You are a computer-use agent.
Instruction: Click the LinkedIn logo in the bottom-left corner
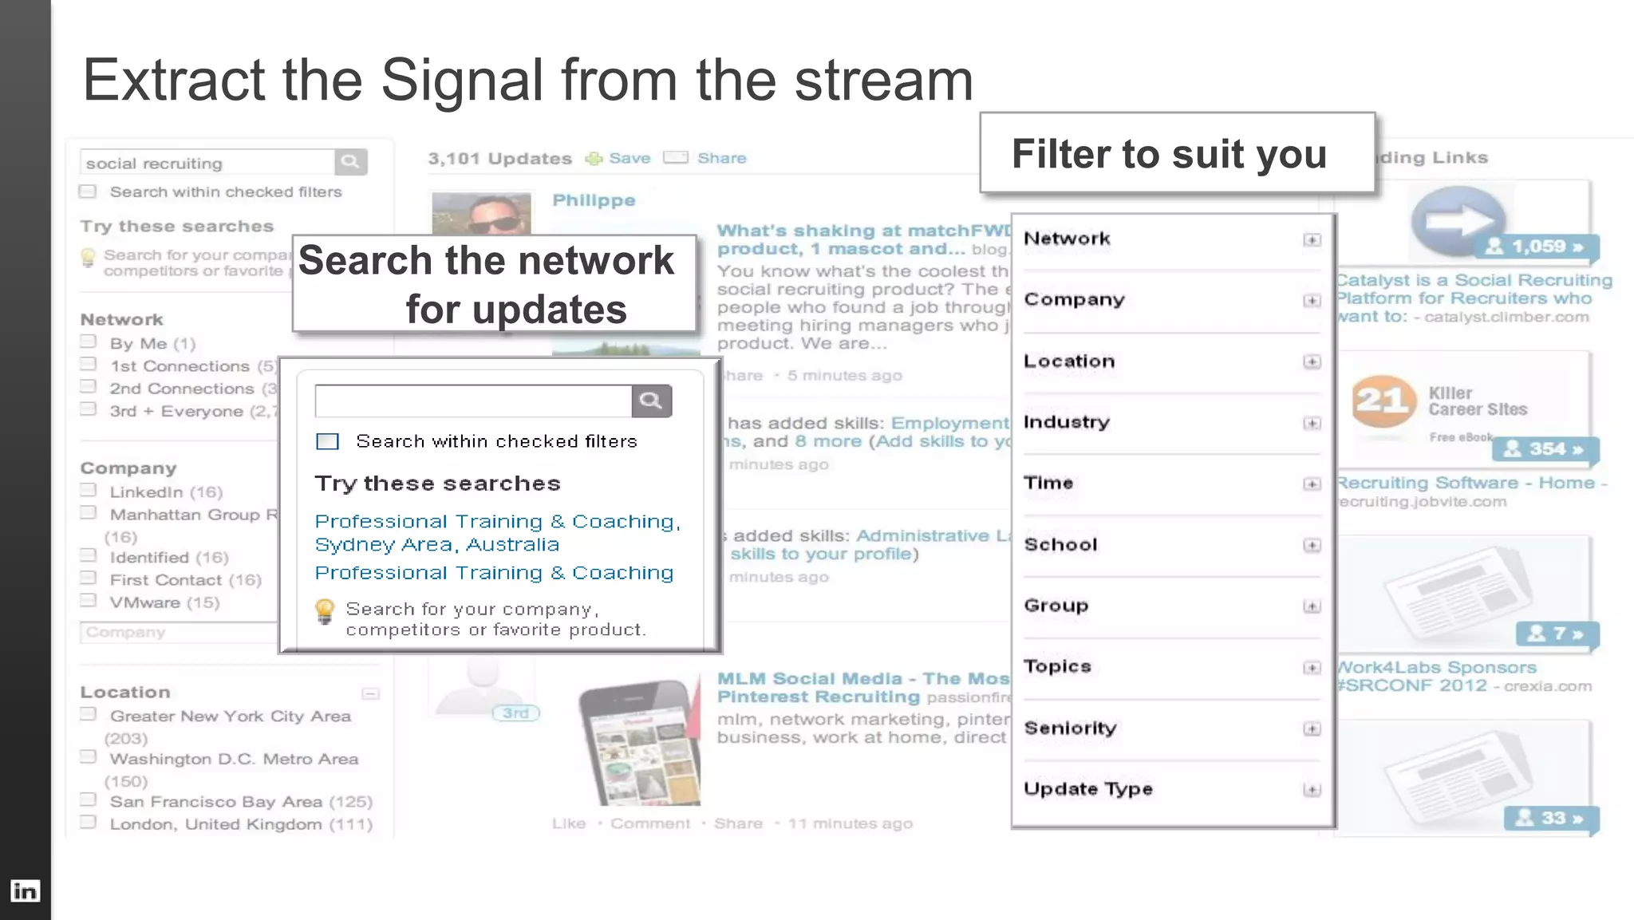[x=25, y=890]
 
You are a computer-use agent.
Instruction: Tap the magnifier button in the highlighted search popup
[x=651, y=401]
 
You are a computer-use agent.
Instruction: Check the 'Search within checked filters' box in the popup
[x=327, y=441]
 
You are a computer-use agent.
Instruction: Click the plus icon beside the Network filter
[x=1312, y=239]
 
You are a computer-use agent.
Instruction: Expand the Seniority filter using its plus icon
[x=1312, y=728]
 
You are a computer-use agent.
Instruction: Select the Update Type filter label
[x=1088, y=788]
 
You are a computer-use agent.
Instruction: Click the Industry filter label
[x=1067, y=421]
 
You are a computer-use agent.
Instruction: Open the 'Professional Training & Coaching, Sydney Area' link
[x=497, y=532]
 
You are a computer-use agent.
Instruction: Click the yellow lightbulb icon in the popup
[x=325, y=611]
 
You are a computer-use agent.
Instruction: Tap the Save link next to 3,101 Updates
[x=629, y=158]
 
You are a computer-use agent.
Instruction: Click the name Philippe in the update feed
[x=594, y=200]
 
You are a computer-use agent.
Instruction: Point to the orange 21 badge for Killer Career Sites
[x=1383, y=401]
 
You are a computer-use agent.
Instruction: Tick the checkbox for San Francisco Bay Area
[x=89, y=800]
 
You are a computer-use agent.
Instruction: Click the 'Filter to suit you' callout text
[x=1169, y=153]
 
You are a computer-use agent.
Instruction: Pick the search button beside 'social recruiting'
[x=350, y=162]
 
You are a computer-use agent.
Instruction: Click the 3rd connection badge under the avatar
[x=515, y=713]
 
